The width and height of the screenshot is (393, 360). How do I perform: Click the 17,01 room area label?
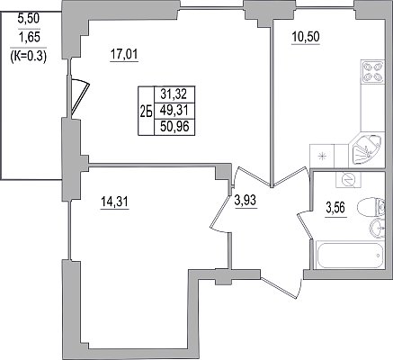tap(124, 55)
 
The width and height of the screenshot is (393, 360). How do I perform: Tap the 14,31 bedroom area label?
tap(114, 202)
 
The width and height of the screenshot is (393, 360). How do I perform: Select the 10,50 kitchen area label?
tap(306, 37)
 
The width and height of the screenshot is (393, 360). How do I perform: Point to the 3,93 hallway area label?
tap(246, 200)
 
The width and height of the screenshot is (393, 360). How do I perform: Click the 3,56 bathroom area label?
tap(335, 207)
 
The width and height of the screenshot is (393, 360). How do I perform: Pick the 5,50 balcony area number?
tap(29, 19)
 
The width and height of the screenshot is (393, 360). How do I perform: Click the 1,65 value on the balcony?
tap(29, 38)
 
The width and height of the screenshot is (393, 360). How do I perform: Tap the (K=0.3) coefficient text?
tap(29, 56)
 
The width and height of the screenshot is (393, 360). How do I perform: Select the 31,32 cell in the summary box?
tap(174, 94)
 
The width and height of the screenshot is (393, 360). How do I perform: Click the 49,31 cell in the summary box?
tap(174, 111)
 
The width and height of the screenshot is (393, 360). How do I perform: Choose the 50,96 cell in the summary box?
tap(174, 127)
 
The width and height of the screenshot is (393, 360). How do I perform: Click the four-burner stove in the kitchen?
tap(373, 71)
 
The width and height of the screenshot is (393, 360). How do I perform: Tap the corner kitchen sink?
tap(366, 149)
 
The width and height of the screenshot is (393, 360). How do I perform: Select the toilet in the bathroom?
tap(371, 206)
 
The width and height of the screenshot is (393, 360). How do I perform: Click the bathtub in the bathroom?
tap(350, 255)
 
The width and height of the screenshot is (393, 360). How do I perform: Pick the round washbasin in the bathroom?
tap(377, 229)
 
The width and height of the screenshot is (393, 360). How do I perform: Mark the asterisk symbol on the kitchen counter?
tap(322, 156)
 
